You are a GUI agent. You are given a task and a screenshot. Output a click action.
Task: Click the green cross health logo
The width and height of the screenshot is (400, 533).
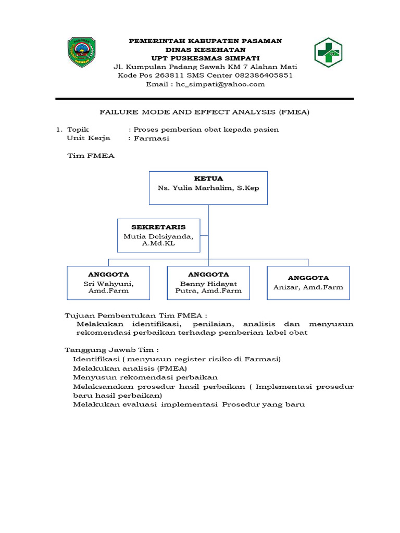click(x=328, y=53)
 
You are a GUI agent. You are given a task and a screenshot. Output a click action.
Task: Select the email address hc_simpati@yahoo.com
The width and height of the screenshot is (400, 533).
click(x=220, y=84)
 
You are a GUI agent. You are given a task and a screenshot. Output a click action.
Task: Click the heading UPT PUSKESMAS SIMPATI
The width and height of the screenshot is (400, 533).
click(x=205, y=58)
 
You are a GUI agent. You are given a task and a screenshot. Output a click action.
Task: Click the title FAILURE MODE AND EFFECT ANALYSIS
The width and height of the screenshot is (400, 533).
click(x=204, y=112)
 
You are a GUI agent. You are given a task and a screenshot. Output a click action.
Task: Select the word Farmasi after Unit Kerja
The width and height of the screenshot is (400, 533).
click(x=152, y=138)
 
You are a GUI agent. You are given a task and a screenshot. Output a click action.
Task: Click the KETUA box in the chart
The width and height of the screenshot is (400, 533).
click(x=208, y=188)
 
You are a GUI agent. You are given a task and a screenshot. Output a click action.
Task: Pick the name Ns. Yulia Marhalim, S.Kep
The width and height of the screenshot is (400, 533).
click(x=208, y=188)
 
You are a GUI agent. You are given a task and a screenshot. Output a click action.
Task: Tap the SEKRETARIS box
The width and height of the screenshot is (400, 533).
click(x=158, y=236)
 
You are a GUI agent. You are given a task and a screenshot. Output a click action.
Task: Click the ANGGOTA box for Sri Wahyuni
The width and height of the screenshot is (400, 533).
click(x=108, y=283)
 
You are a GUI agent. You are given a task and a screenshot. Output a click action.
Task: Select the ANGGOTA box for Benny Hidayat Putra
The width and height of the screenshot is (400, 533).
click(x=208, y=283)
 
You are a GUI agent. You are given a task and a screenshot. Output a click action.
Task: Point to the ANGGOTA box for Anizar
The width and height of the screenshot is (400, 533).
click(x=308, y=283)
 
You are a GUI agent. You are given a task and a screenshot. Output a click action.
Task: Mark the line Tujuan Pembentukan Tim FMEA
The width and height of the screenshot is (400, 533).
click(x=136, y=315)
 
